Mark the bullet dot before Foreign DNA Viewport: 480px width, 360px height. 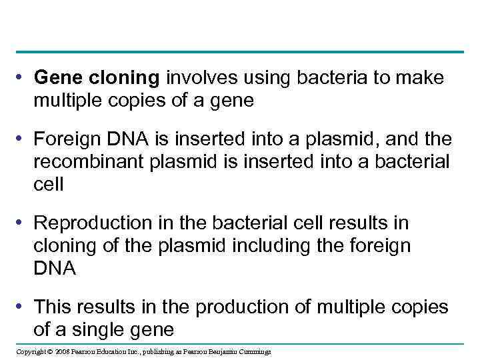(23, 139)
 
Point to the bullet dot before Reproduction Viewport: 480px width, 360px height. (23, 223)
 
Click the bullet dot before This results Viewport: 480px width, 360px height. (23, 306)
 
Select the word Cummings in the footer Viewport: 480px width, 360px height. (255, 351)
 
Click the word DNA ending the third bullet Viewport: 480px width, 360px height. (55, 268)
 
